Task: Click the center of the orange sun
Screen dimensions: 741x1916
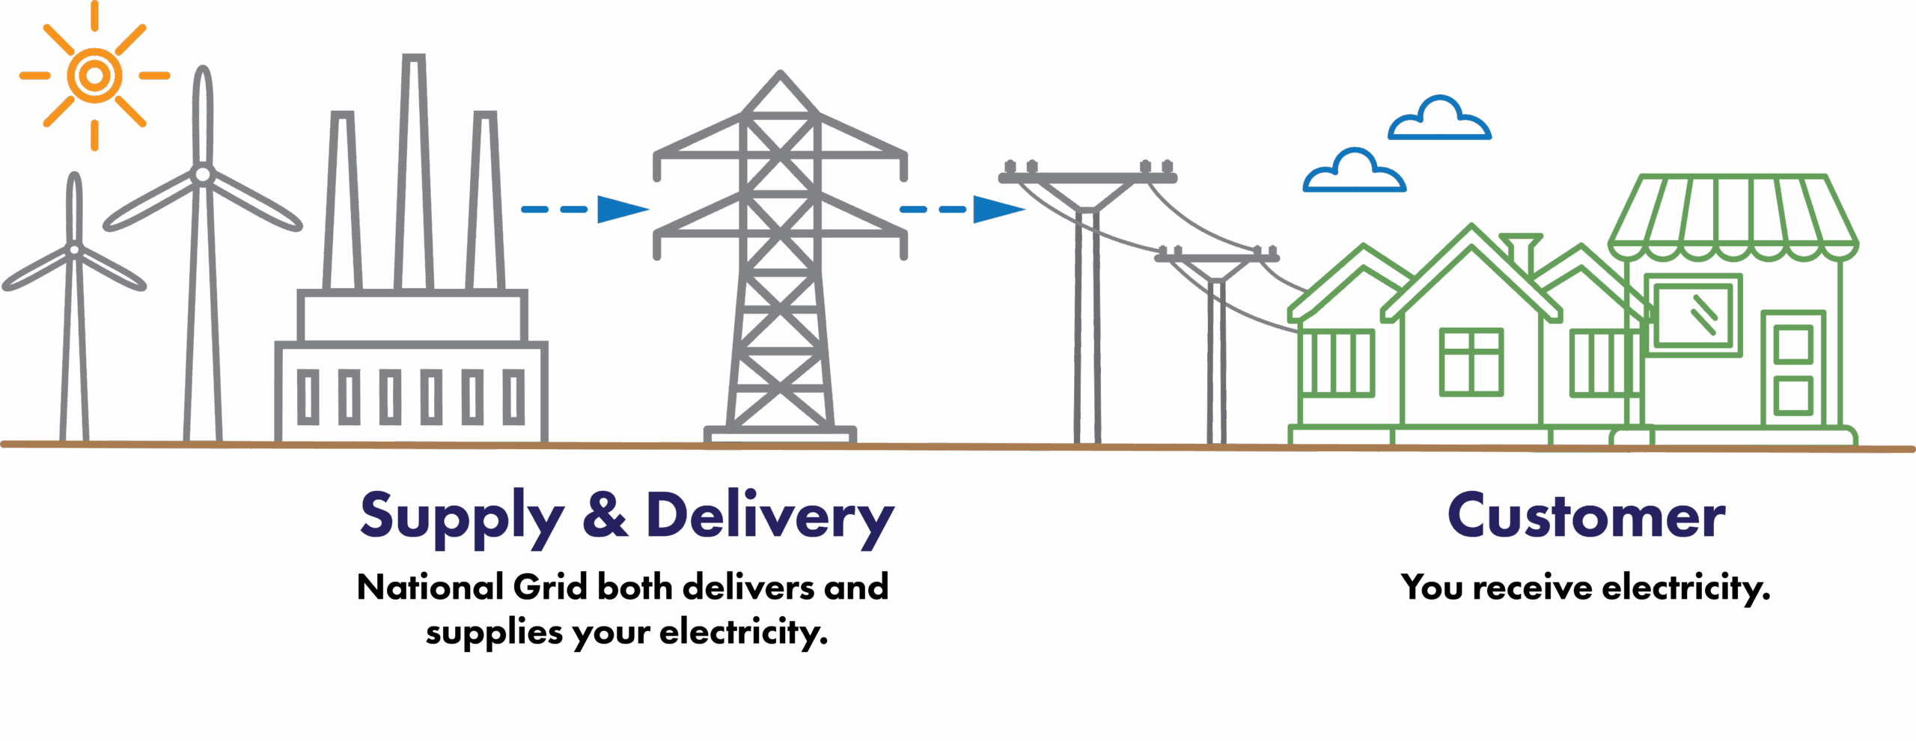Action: pyautogui.click(x=94, y=75)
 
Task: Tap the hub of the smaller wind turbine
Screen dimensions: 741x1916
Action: pyautogui.click(x=74, y=249)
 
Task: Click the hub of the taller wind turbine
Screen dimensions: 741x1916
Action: pyautogui.click(x=202, y=175)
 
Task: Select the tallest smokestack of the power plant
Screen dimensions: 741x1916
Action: pyautogui.click(x=414, y=172)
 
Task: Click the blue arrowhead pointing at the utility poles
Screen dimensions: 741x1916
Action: pyautogui.click(x=998, y=210)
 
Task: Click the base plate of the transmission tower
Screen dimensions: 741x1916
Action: pyautogui.click(x=781, y=434)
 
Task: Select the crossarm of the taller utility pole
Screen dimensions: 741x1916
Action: pyautogui.click(x=1087, y=177)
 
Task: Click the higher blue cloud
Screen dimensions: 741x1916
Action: pyautogui.click(x=1439, y=121)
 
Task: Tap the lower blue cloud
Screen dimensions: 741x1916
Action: pyautogui.click(x=1354, y=174)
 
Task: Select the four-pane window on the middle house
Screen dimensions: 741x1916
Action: pyautogui.click(x=1471, y=362)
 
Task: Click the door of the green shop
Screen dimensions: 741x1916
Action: pyautogui.click(x=1793, y=370)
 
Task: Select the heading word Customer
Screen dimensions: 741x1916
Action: pyautogui.click(x=1585, y=516)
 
